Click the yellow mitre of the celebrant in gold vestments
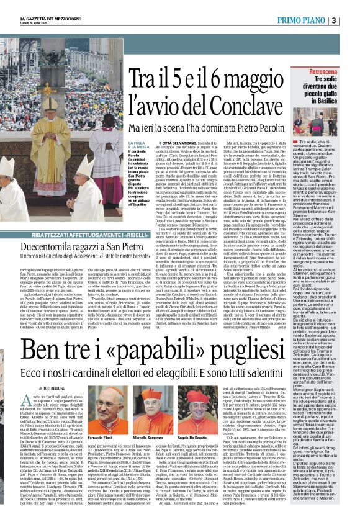coord(53,102)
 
